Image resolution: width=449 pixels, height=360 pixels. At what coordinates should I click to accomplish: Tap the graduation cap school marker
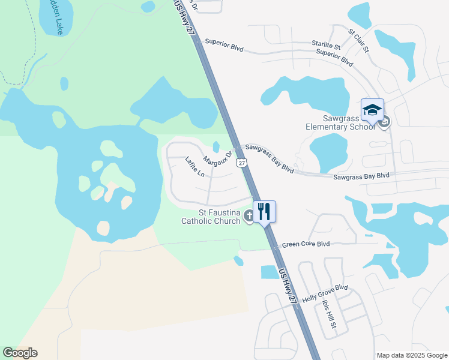click(372, 110)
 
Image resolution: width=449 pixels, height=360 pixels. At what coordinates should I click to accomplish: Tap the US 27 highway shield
click(241, 163)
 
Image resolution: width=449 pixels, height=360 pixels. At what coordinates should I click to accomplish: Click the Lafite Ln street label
click(195, 166)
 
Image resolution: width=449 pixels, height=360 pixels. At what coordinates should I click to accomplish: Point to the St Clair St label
click(358, 39)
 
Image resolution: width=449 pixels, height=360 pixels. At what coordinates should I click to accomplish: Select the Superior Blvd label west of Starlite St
click(225, 42)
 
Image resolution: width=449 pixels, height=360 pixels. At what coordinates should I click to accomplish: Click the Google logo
click(20, 353)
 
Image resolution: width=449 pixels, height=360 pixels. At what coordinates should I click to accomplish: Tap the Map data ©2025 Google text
click(412, 355)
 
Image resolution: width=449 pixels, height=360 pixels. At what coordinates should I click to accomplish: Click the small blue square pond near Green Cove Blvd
click(270, 272)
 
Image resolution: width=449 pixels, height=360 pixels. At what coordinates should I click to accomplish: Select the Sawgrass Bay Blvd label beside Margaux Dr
click(270, 158)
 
